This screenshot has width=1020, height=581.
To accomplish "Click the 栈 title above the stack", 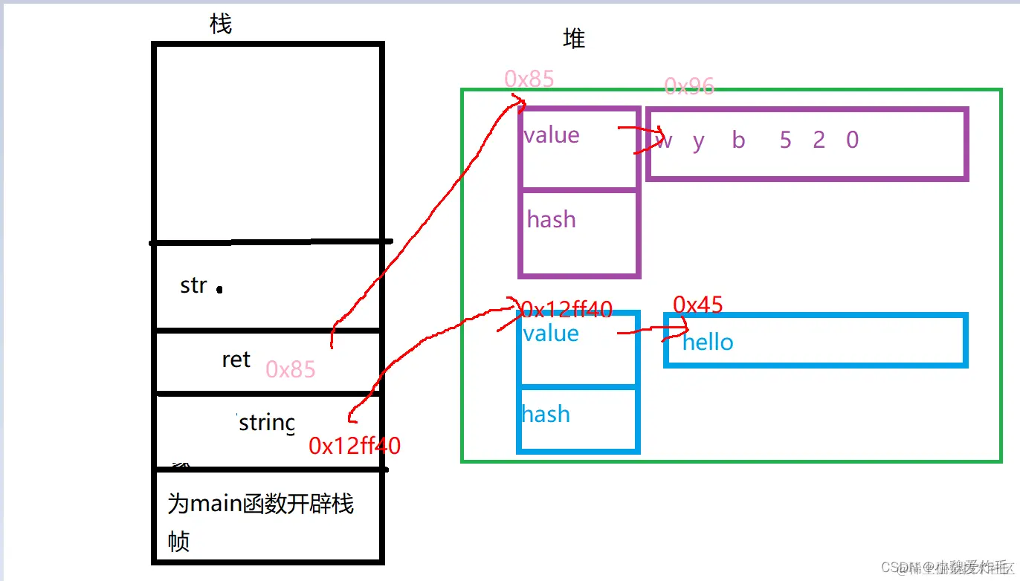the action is [x=221, y=25].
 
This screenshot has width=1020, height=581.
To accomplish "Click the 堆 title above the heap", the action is [x=574, y=39].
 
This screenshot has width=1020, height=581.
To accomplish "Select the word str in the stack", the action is [x=193, y=285].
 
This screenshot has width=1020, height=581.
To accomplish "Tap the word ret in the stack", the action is [x=236, y=360].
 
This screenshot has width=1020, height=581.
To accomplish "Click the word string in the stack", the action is [x=266, y=423].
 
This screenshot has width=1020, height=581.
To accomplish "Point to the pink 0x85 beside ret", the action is [x=290, y=369].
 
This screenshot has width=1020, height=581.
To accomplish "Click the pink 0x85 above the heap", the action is [x=529, y=79].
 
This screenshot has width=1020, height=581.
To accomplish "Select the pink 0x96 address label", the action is [x=688, y=87].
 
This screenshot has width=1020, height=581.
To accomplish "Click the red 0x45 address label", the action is [x=697, y=304].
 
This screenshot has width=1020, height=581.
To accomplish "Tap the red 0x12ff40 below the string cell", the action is [x=355, y=446].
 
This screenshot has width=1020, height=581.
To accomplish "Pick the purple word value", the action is [x=551, y=135].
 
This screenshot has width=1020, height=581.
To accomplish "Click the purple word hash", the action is [x=551, y=219].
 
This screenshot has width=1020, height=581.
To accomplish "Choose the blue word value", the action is [x=550, y=334].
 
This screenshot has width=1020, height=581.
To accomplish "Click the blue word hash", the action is [x=546, y=414].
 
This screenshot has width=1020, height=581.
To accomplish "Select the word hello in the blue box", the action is [x=708, y=343].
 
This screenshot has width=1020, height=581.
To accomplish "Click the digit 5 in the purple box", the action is [x=785, y=140].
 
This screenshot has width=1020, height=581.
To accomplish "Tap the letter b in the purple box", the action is [x=738, y=140].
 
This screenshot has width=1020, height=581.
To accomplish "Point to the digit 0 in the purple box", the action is [x=852, y=140].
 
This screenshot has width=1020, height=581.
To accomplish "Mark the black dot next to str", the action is [x=219, y=289].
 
